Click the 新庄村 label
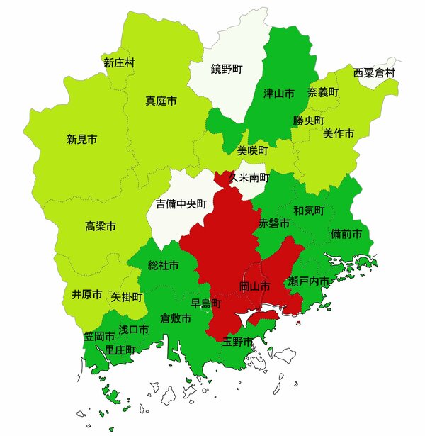(x=119, y=63)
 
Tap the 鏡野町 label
(x=227, y=69)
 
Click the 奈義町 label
(x=323, y=93)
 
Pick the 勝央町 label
(x=308, y=121)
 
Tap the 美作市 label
(x=339, y=133)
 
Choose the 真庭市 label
(x=161, y=101)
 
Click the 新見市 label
(x=82, y=139)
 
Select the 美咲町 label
(x=253, y=151)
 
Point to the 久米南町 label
(x=249, y=177)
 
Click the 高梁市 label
(x=101, y=227)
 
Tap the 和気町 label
(x=309, y=211)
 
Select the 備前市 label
(x=346, y=234)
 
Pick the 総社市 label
(x=163, y=266)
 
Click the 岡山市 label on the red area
(x=254, y=287)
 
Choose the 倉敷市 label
(x=176, y=319)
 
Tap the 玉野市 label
(x=237, y=342)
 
